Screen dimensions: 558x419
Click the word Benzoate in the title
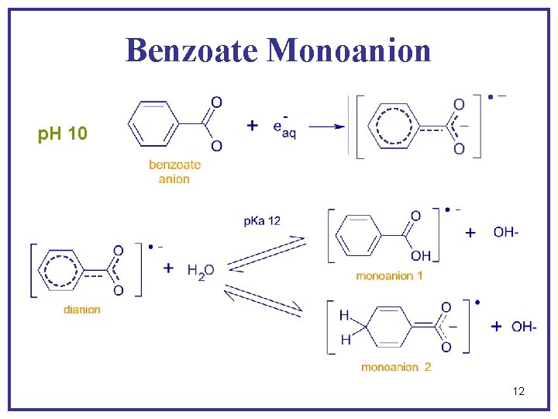(x=191, y=50)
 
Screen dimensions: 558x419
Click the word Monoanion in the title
(x=349, y=50)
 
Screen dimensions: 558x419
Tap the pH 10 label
(x=62, y=135)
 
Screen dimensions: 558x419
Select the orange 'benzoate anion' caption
(x=174, y=171)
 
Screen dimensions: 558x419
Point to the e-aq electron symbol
(x=284, y=127)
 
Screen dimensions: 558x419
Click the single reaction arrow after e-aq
(x=329, y=126)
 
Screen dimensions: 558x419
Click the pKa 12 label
(x=262, y=221)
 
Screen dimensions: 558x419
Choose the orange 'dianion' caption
(x=82, y=310)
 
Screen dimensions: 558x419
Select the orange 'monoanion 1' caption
(x=389, y=275)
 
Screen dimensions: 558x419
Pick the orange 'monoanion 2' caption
(x=395, y=367)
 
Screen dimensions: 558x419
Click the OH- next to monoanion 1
(x=506, y=232)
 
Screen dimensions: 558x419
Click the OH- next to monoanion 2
(x=524, y=327)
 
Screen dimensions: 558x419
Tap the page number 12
(x=518, y=391)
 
